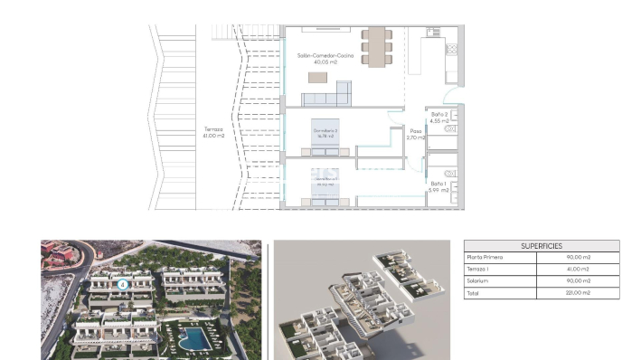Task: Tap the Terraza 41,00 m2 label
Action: (213, 132)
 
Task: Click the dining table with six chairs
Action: (377, 45)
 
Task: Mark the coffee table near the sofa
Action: (317, 77)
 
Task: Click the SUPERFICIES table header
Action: (541, 246)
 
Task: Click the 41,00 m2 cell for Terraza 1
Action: (576, 270)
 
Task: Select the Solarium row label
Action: (478, 280)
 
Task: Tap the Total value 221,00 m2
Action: (576, 292)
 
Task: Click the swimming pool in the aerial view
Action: (192, 338)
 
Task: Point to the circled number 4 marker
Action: (123, 284)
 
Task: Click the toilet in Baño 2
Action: (450, 129)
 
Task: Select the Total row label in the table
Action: (474, 292)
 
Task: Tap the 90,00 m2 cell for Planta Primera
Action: (576, 258)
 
